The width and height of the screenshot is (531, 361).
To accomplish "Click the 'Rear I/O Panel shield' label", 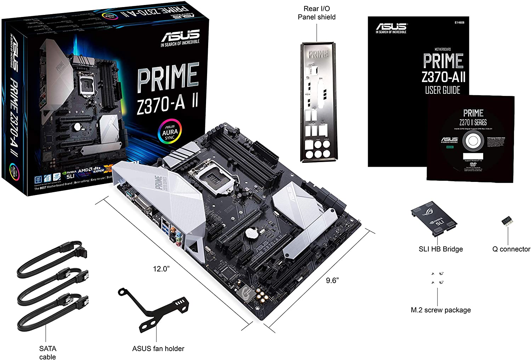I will click(x=316, y=13).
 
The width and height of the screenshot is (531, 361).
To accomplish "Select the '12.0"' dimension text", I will click(x=161, y=269).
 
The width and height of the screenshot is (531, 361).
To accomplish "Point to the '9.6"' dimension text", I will click(x=332, y=280).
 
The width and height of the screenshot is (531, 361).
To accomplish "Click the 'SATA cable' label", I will click(x=47, y=353).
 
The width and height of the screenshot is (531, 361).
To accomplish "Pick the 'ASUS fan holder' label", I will click(x=158, y=349).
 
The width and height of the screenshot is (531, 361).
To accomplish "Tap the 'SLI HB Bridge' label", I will click(x=441, y=249).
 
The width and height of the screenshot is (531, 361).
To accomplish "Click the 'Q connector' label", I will click(x=511, y=249).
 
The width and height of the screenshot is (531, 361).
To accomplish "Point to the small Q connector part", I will click(x=508, y=221).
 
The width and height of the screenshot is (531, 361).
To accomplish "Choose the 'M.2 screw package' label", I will click(x=441, y=310).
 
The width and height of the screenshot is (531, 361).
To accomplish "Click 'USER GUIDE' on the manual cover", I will click(x=442, y=90).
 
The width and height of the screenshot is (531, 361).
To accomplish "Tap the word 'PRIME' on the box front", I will click(x=168, y=77).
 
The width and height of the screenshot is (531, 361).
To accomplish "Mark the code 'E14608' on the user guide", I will click(x=459, y=23).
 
